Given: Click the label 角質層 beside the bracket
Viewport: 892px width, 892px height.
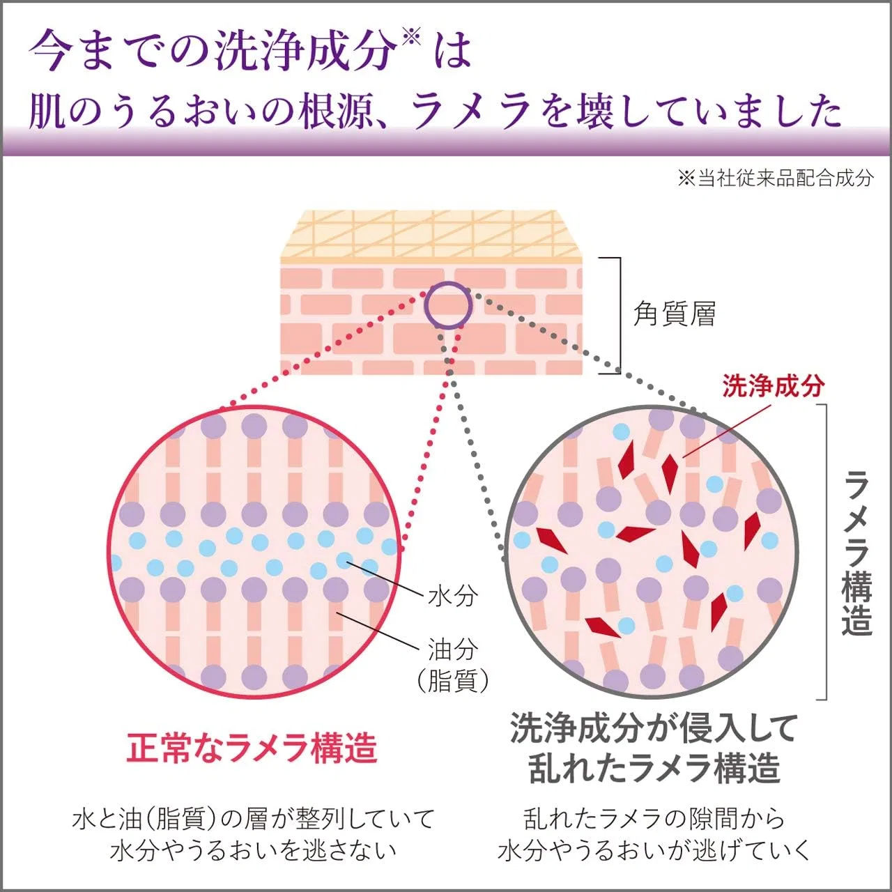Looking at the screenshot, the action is pos(674,314).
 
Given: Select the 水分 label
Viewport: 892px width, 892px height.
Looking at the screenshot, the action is pos(452,597).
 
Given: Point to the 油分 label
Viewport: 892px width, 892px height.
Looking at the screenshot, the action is pos(452,649).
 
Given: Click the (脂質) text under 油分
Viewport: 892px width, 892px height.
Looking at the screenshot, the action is pos(453,681).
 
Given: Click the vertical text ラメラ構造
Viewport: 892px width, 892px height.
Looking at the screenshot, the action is pos(857,553).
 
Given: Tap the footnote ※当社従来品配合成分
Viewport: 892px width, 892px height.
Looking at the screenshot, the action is pos(776,178).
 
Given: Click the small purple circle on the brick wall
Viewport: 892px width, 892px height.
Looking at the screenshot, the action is pos(449,305).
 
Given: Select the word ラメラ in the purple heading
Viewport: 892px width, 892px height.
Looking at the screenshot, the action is pos(470,111).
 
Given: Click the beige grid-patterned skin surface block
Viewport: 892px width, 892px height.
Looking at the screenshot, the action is pos(431,238).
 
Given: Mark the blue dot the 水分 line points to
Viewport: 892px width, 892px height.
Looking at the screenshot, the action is pos(344,560).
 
